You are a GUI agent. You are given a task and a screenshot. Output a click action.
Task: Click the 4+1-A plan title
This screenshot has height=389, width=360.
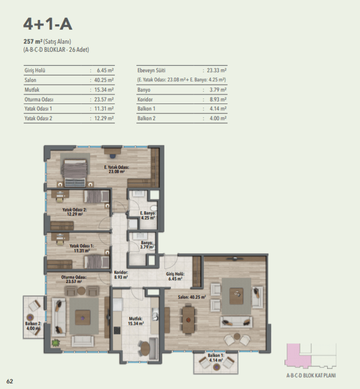pyautogui.click(x=47, y=24)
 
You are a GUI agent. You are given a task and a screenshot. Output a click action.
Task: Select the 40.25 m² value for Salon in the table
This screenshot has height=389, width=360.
pyautogui.click(x=104, y=80)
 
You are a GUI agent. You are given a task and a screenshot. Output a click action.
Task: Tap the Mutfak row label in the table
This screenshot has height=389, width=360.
pyautogui.click(x=32, y=90)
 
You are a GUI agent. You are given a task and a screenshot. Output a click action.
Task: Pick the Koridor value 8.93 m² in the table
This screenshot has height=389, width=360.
pyautogui.click(x=218, y=100)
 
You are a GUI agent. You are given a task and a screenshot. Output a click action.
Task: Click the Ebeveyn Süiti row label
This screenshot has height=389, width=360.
pyautogui.click(x=151, y=71)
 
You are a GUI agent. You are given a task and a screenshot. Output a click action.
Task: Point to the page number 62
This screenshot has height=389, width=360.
pyautogui.click(x=10, y=381)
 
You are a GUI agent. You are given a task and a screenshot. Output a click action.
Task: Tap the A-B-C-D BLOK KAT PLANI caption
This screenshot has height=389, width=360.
pyautogui.click(x=311, y=376)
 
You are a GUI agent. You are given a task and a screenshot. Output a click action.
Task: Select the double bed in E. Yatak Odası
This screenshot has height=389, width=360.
pyautogui.click(x=75, y=170)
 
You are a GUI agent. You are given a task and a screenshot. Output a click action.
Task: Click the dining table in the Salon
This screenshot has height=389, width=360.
pyautogui.click(x=189, y=319)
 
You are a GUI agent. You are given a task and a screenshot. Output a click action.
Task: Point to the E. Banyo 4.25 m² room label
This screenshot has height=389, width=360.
pyautogui.click(x=148, y=216)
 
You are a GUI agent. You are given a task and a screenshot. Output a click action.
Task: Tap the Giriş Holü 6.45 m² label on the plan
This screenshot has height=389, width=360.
pyautogui.click(x=175, y=276)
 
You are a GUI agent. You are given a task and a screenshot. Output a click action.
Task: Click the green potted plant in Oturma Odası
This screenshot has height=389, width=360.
pyautogui.click(x=56, y=343)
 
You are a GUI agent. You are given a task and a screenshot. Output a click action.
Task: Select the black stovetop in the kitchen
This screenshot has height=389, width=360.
pyautogui.click(x=117, y=330)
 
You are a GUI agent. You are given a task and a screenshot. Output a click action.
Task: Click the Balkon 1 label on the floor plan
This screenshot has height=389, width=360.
pyautogui.click(x=216, y=358)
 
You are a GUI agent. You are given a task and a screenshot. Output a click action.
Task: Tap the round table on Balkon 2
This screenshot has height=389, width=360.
pyautogui.click(x=30, y=317)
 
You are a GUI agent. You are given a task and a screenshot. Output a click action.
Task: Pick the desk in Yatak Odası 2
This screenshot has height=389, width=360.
pyautogui.click(x=60, y=194)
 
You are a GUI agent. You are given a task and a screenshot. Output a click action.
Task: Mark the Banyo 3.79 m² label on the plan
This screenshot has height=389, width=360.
pyautogui.click(x=147, y=245)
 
